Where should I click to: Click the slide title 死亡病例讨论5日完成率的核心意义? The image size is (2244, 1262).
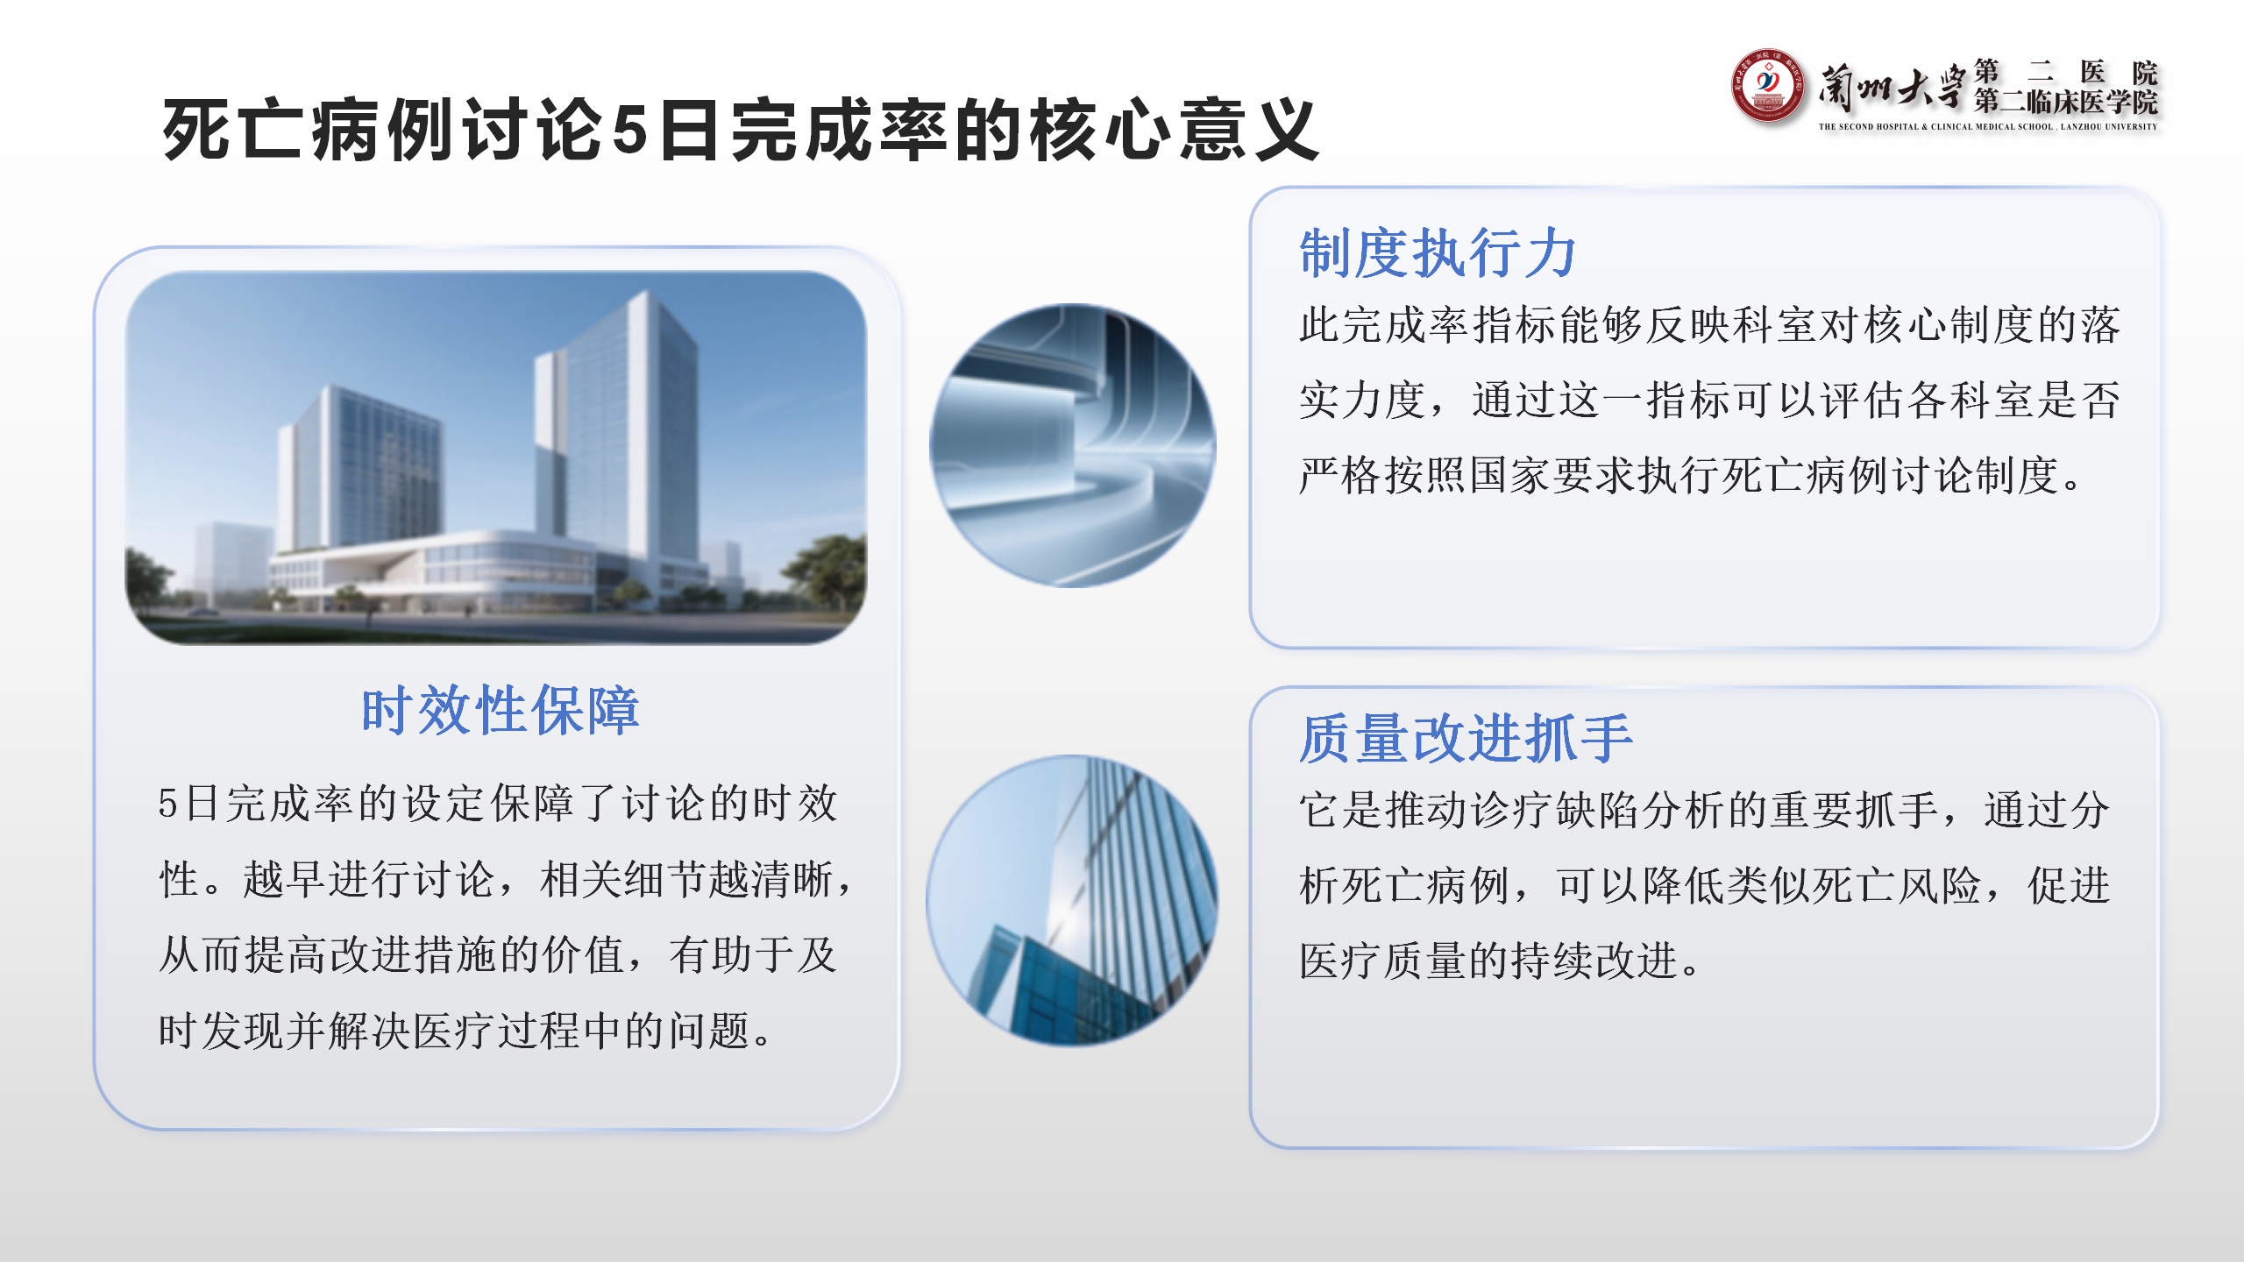click(741, 130)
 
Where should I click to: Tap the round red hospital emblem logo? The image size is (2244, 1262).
click(1767, 86)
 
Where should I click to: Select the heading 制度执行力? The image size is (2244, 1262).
click(1438, 253)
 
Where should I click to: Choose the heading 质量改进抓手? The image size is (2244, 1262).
click(1466, 738)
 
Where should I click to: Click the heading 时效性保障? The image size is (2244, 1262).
click(501, 710)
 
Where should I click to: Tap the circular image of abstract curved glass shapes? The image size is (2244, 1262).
click(1072, 445)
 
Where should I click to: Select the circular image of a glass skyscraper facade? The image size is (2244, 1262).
click(1072, 900)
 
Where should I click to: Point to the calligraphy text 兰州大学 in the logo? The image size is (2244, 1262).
click(1892, 89)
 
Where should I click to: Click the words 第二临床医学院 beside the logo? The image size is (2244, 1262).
click(2065, 102)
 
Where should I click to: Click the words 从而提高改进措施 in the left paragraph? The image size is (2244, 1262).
click(329, 955)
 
